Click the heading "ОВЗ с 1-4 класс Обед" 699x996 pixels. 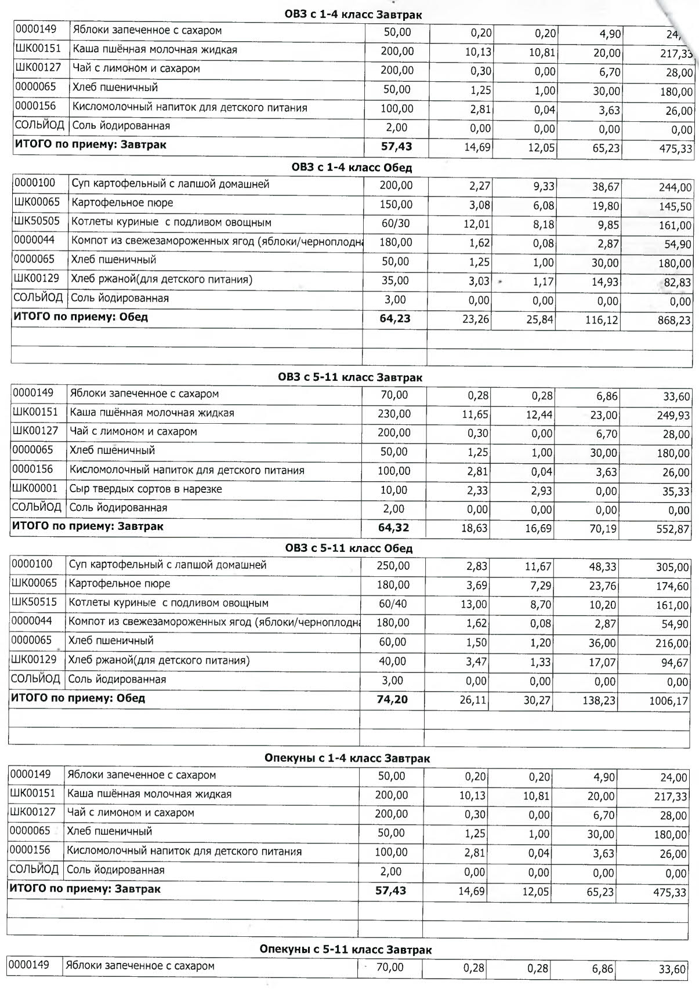[x=352, y=168]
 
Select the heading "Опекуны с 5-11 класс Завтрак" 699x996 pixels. [x=346, y=950]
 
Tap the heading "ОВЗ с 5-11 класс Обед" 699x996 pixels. [x=349, y=548]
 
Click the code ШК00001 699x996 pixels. [x=35, y=489]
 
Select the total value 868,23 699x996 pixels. [x=675, y=320]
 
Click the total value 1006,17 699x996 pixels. [x=668, y=701]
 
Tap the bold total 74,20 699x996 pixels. [x=392, y=700]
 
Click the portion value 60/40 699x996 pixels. [x=393, y=604]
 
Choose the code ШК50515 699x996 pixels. [x=34, y=602]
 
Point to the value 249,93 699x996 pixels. [x=673, y=416]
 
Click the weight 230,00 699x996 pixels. [x=394, y=414]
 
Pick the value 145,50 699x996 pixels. [x=675, y=207]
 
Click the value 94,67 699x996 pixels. [x=675, y=663]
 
